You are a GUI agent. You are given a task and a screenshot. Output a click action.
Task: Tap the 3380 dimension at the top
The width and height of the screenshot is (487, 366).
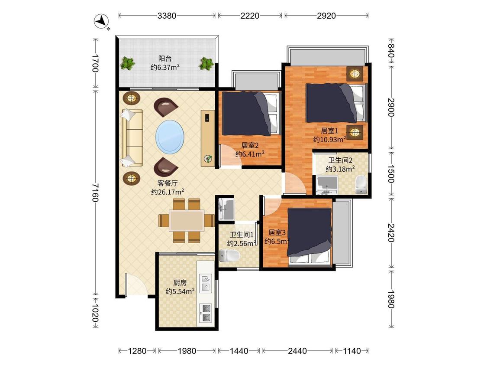tap(167, 16)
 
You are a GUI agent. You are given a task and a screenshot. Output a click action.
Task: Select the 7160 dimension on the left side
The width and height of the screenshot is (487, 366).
tap(95, 193)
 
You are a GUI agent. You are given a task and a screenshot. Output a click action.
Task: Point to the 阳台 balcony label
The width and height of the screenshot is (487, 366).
tap(165, 59)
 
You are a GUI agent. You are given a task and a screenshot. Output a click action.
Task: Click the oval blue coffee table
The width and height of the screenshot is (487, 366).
tap(170, 137)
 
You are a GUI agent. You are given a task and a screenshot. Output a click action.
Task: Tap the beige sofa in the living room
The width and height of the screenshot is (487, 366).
tap(132, 137)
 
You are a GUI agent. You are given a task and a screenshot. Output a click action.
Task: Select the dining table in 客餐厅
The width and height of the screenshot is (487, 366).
tap(186, 220)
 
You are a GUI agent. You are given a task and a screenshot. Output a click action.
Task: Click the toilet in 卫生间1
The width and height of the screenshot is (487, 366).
tap(229, 255)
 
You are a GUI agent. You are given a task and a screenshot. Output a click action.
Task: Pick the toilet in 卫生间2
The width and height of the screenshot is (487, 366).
tap(361, 185)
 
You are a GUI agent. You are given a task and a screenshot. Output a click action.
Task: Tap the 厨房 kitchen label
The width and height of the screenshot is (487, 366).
tap(180, 283)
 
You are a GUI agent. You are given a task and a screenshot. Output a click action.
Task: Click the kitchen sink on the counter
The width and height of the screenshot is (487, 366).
tap(206, 283)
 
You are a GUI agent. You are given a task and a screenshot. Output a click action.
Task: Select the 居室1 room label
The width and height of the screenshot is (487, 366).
tap(329, 131)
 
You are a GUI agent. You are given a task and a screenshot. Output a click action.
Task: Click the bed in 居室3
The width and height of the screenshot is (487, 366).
tap(309, 236)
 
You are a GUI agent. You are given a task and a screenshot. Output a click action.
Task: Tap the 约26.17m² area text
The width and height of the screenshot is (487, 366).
tap(168, 192)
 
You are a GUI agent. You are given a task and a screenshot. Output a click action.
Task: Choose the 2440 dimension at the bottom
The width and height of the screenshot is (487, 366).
tap(297, 351)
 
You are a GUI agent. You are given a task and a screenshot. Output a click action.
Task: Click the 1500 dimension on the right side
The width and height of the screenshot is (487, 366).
tap(391, 173)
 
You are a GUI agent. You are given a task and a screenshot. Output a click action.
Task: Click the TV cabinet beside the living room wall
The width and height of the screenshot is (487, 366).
tap(208, 137)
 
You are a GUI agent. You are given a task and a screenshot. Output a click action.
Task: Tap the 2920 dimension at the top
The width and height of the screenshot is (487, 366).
tap(326, 16)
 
